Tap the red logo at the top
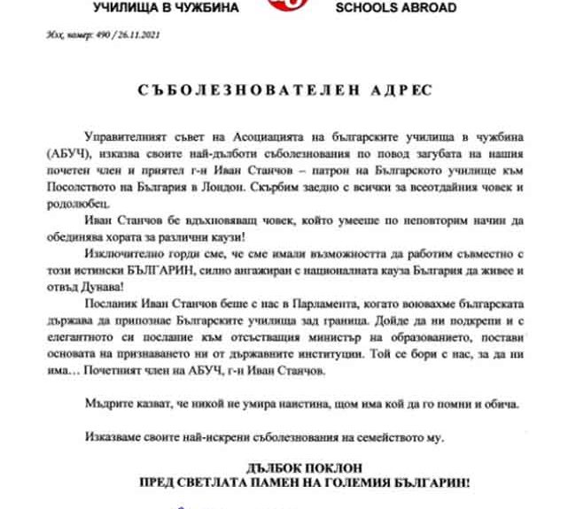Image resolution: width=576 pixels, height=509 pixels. click(286, 7)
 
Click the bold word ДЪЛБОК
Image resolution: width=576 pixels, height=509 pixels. click(284, 468)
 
